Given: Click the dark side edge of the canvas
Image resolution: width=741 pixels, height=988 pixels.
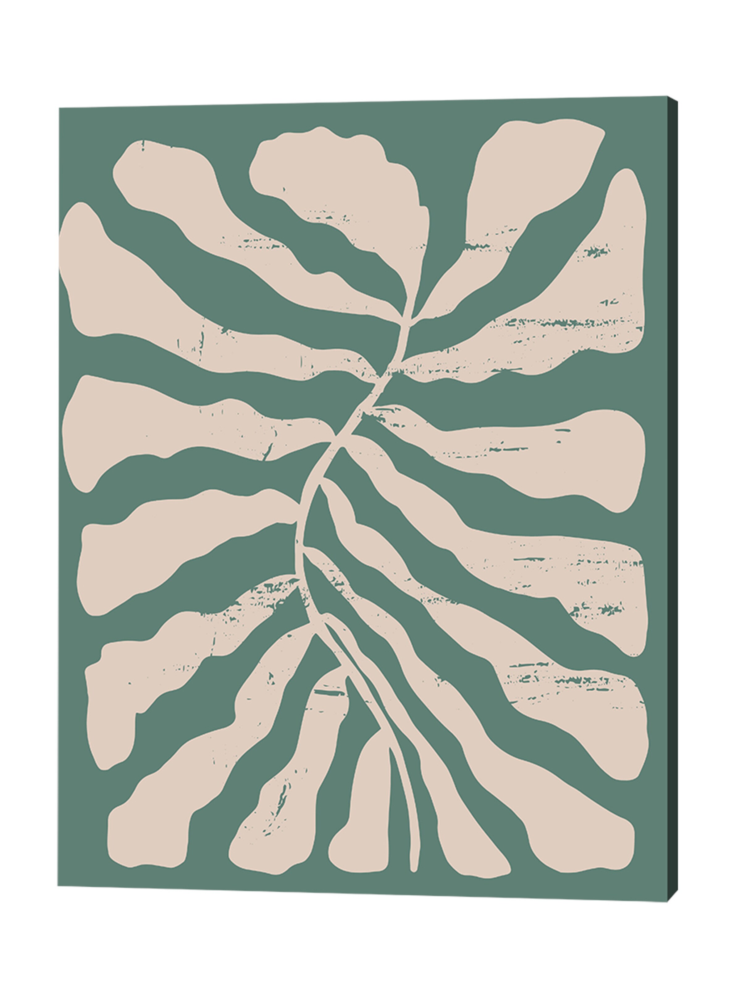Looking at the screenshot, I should click(672, 491).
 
